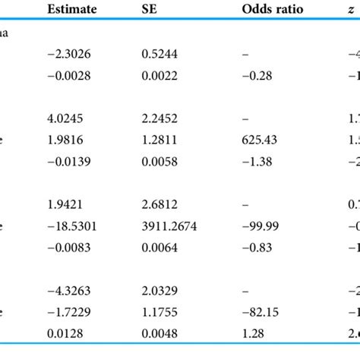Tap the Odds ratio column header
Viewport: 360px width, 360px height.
257,10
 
